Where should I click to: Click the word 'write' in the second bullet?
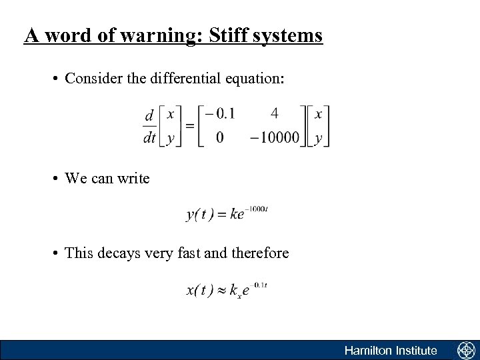tap(133, 179)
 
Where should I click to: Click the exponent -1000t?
tap(257, 209)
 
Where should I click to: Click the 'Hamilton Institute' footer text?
tap(391, 351)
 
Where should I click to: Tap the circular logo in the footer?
tap(465, 351)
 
